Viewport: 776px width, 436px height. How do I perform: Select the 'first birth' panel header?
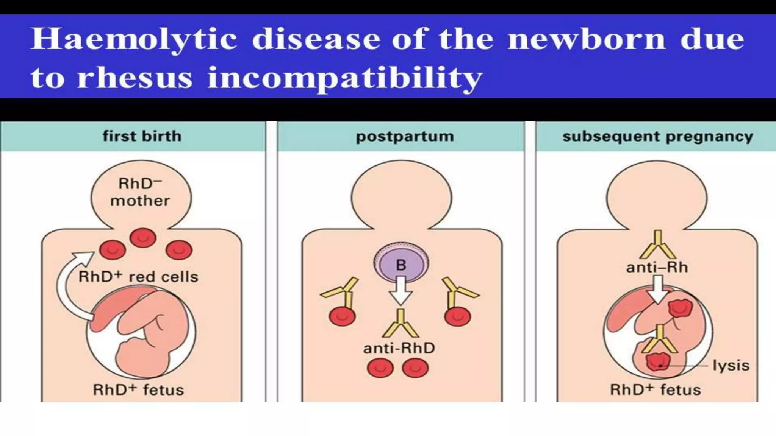click(x=142, y=136)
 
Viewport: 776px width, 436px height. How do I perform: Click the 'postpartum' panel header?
click(x=404, y=136)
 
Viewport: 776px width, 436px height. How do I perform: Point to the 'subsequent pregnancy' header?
click(x=657, y=136)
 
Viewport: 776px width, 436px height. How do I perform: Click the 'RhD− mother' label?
click(x=140, y=192)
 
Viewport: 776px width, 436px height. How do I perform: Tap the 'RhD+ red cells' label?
click(x=138, y=277)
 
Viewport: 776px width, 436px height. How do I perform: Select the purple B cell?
click(x=401, y=264)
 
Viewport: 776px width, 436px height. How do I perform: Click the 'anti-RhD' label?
click(x=399, y=348)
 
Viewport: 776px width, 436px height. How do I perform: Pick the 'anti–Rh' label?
click(x=657, y=267)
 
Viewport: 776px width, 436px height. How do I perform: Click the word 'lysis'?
click(x=731, y=366)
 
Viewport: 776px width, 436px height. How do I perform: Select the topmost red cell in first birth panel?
click(x=143, y=238)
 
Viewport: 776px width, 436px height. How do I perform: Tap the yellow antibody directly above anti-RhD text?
click(x=401, y=324)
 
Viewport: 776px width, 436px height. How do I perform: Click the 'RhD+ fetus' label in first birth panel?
click(x=138, y=389)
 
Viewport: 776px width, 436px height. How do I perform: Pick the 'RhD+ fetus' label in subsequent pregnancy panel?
click(x=655, y=389)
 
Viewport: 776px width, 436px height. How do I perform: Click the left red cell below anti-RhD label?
click(x=380, y=368)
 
